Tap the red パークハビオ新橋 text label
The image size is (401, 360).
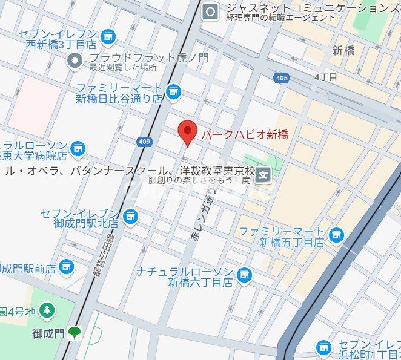pyautogui.click(x=244, y=134)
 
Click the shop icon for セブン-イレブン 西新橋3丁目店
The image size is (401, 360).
pyautogui.click(x=109, y=38)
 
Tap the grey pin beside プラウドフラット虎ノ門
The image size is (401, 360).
pyautogui.click(x=75, y=61)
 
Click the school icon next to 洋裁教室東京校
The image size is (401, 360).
pyautogui.click(x=263, y=176)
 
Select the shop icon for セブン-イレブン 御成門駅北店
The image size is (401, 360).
pyautogui.click(x=130, y=215)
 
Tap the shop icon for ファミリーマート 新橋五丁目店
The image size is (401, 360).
pyautogui.click(x=337, y=234)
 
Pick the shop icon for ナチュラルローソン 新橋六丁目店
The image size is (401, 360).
pyautogui.click(x=244, y=275)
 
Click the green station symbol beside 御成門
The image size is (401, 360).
pyautogui.click(x=75, y=332)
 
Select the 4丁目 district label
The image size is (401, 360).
pyautogui.click(x=326, y=77)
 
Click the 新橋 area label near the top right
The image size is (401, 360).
pyautogui.click(x=343, y=51)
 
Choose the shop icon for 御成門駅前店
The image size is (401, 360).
pyautogui.click(x=67, y=266)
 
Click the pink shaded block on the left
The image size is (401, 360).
pyautogui.click(x=34, y=106)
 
